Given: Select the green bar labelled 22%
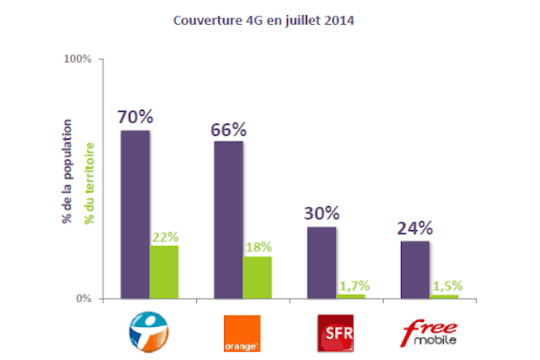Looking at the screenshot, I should click(164, 271).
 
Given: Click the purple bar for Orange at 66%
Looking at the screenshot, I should click(228, 219).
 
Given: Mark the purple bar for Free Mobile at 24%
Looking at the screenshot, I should click(415, 269).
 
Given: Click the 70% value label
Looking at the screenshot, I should click(135, 117).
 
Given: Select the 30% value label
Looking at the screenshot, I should click(322, 213).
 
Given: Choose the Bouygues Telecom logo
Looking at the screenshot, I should click(149, 331).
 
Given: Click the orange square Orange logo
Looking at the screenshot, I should click(242, 333).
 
